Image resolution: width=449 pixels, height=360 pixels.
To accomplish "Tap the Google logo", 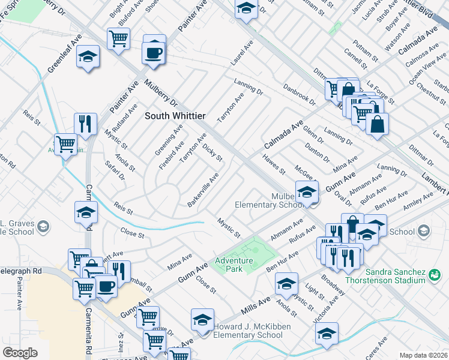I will click(x=20, y=353).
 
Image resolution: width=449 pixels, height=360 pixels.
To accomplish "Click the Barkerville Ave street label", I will click(x=202, y=190).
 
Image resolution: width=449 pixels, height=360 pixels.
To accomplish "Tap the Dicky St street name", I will click(x=212, y=153).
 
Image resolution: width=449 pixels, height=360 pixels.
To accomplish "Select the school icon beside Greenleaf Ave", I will click(x=88, y=57).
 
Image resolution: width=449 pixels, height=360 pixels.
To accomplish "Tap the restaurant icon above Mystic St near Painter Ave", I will click(x=85, y=124).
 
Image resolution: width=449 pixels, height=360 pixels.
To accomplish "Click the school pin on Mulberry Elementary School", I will click(x=307, y=192).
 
